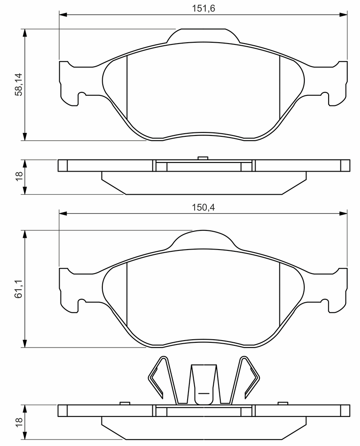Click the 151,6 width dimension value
click(203, 8)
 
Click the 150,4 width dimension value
click(203, 207)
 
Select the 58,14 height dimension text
click(19, 84)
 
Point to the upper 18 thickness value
click(19, 177)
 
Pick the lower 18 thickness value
click(19, 422)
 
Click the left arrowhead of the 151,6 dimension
click(63, 14)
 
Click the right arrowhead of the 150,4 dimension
click(343, 213)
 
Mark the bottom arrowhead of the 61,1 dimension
click(25, 343)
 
